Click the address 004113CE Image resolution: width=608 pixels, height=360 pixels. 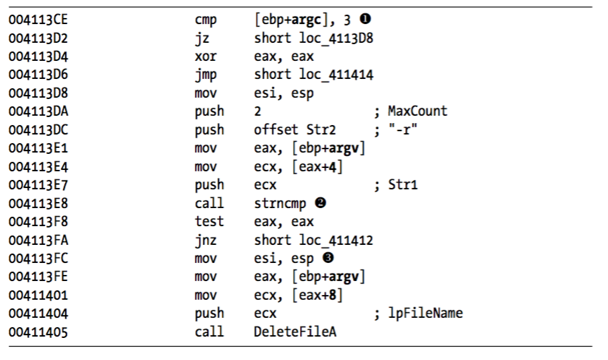38,19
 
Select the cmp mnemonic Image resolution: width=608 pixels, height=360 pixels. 206,20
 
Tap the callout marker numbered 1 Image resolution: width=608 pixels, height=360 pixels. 365,19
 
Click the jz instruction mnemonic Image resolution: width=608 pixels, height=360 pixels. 202,38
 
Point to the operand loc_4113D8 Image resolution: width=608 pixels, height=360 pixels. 335,38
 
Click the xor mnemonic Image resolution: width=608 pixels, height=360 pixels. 206,57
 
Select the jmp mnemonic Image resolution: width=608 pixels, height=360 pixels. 206,75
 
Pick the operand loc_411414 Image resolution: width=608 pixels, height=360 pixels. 335,75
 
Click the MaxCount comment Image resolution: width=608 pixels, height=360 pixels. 418,111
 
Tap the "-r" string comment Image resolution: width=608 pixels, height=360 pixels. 403,130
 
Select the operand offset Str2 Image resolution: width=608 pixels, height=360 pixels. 295,129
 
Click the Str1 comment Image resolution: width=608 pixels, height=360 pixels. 403,185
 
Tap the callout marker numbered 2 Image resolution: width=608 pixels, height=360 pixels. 320,203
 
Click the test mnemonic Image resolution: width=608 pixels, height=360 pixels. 209,221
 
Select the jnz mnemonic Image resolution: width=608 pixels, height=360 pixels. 206,240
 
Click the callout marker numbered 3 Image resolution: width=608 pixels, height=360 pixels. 328,258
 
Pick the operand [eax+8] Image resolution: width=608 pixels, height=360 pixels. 317,295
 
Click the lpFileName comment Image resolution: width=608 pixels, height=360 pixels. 425,314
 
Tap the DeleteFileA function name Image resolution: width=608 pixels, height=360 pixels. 295,332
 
